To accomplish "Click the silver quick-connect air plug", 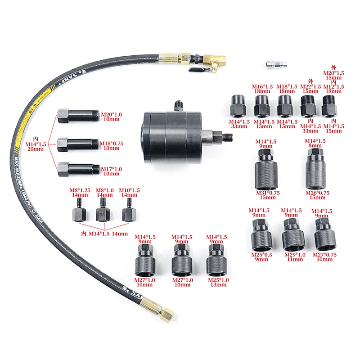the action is [276, 64].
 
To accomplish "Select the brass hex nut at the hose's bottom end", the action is [166, 315].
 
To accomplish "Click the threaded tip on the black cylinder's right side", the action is [228, 137].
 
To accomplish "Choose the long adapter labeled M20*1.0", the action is [78, 116].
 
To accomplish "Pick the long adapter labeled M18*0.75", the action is [78, 144].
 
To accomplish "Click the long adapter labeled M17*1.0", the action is [79, 170].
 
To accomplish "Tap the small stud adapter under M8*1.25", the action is [80, 210].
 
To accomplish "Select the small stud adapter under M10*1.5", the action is [129, 210].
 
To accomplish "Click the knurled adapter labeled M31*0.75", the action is [266, 170].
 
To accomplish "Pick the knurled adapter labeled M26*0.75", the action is [316, 169].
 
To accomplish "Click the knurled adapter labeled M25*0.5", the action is [261, 235].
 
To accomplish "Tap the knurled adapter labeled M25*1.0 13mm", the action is [217, 260].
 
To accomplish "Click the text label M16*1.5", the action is [262, 87].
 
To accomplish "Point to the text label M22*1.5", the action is [310, 87].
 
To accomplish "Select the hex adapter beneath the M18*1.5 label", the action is [285, 106].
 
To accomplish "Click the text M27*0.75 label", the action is [324, 255].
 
